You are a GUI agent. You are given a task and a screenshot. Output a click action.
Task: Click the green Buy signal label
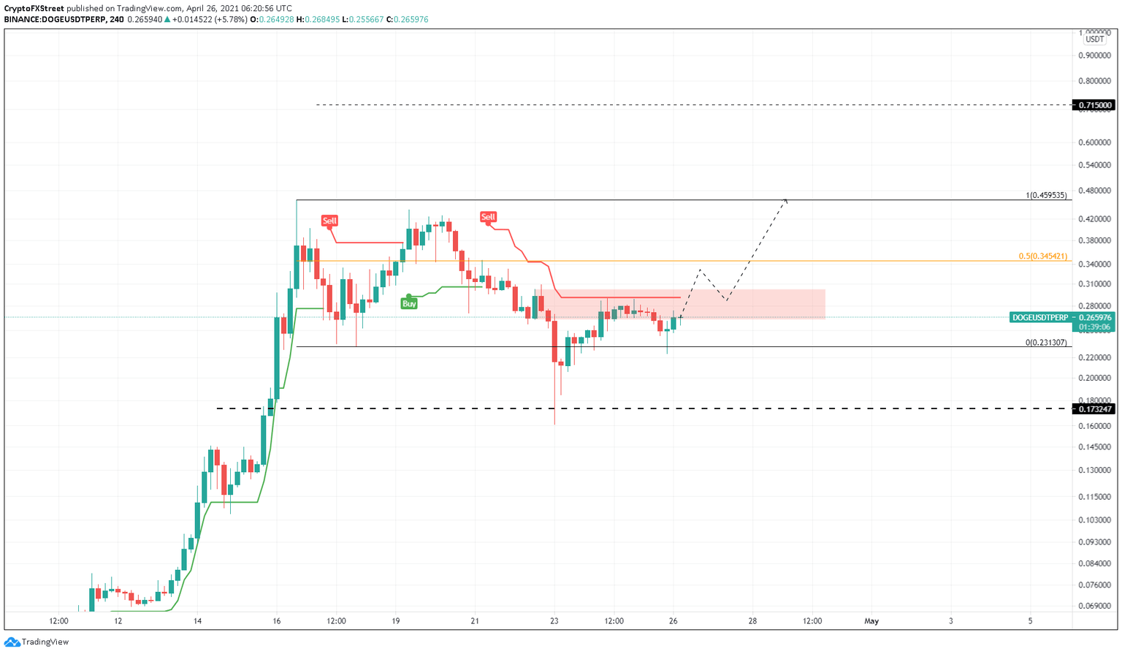(409, 303)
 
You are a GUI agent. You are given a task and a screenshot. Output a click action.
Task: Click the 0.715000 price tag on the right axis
(1094, 105)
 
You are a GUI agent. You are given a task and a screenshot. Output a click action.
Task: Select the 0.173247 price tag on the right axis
(1094, 408)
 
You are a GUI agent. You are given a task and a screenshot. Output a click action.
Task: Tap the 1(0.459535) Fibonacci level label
(1046, 195)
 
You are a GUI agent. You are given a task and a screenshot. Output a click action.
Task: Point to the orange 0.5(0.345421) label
(1042, 256)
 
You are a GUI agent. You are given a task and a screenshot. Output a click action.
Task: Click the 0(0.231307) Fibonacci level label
(1046, 342)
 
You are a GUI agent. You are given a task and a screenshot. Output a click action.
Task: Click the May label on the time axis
(871, 621)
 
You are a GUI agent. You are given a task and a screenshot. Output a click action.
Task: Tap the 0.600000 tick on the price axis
(1094, 142)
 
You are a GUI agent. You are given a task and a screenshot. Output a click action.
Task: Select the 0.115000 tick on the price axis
(1094, 497)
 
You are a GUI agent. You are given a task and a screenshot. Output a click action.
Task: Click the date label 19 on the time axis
(395, 621)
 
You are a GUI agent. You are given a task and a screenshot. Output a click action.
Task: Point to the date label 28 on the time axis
(752, 621)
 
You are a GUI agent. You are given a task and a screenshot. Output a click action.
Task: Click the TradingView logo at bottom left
(37, 642)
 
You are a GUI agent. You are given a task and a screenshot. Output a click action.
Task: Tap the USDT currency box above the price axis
(1094, 39)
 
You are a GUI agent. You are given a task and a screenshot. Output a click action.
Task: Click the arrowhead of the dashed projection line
(785, 199)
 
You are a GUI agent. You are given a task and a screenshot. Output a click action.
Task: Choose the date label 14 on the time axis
(197, 621)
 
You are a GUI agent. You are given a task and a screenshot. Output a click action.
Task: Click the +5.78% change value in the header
(230, 20)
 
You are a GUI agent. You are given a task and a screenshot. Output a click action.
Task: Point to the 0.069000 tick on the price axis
(1094, 606)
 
